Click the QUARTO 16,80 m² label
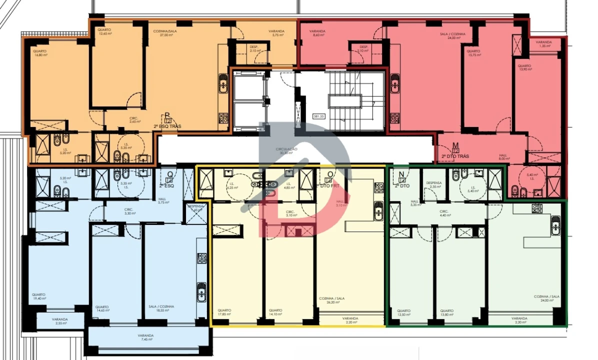(40, 53)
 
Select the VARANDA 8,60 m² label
(318, 33)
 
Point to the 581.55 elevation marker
(318, 116)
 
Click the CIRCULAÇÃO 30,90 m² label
(286, 151)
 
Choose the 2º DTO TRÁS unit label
(455, 156)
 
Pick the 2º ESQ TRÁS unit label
(167, 126)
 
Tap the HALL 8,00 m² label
(503, 157)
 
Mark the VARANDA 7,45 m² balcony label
(147, 337)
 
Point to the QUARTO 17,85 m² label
(224, 312)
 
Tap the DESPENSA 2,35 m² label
(434, 185)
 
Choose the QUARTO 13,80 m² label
(446, 312)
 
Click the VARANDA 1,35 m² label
(543, 44)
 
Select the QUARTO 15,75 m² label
(473, 53)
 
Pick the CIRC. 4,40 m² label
(445, 213)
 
